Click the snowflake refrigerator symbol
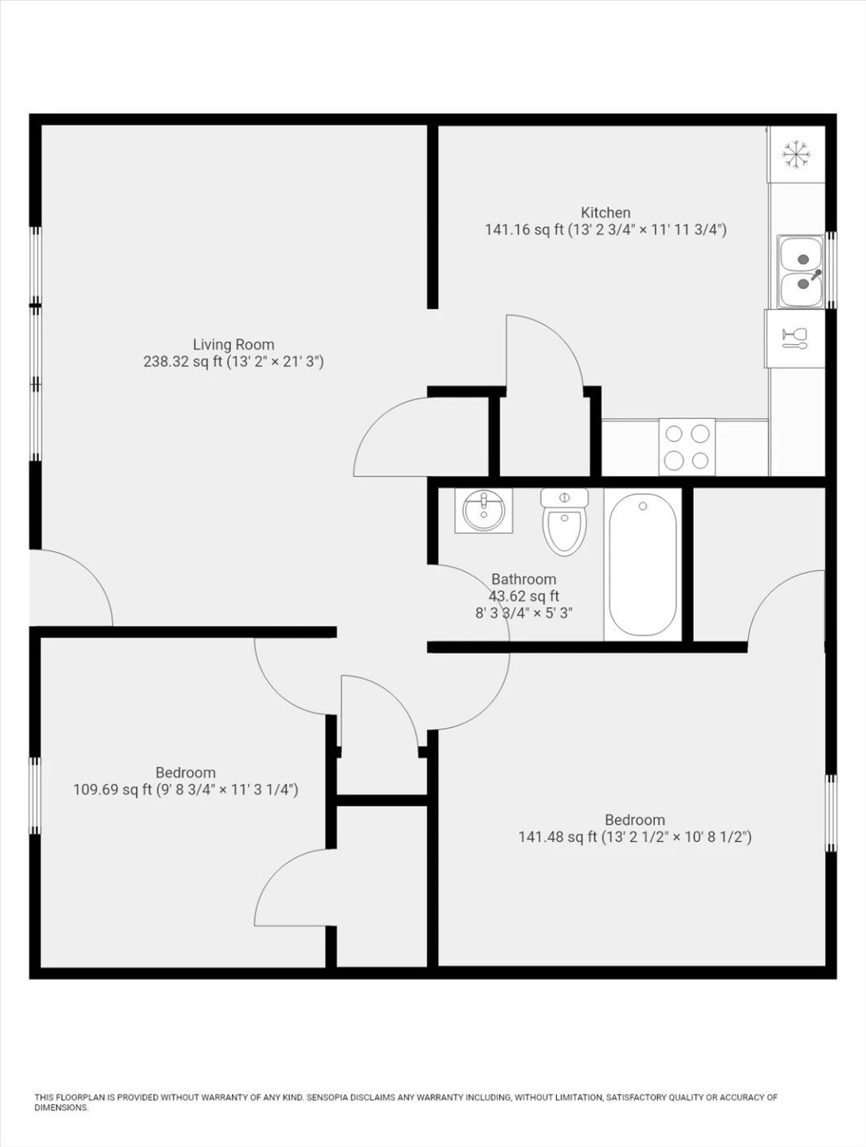[x=796, y=155]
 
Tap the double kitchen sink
[x=800, y=272]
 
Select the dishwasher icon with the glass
[x=795, y=338]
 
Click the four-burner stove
[x=687, y=447]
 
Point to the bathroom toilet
[x=564, y=521]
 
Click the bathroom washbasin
[x=484, y=511]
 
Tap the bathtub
[x=643, y=565]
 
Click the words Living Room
[x=233, y=344]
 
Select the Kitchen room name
[x=605, y=213]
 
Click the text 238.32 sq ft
[x=183, y=362]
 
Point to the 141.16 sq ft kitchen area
[x=524, y=230]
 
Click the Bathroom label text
[x=523, y=579]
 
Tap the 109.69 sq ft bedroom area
[x=112, y=789]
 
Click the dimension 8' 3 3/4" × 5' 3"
[x=523, y=613]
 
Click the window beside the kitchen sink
[x=831, y=270]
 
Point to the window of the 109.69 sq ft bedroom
[x=34, y=795]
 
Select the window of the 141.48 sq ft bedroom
[x=831, y=813]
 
